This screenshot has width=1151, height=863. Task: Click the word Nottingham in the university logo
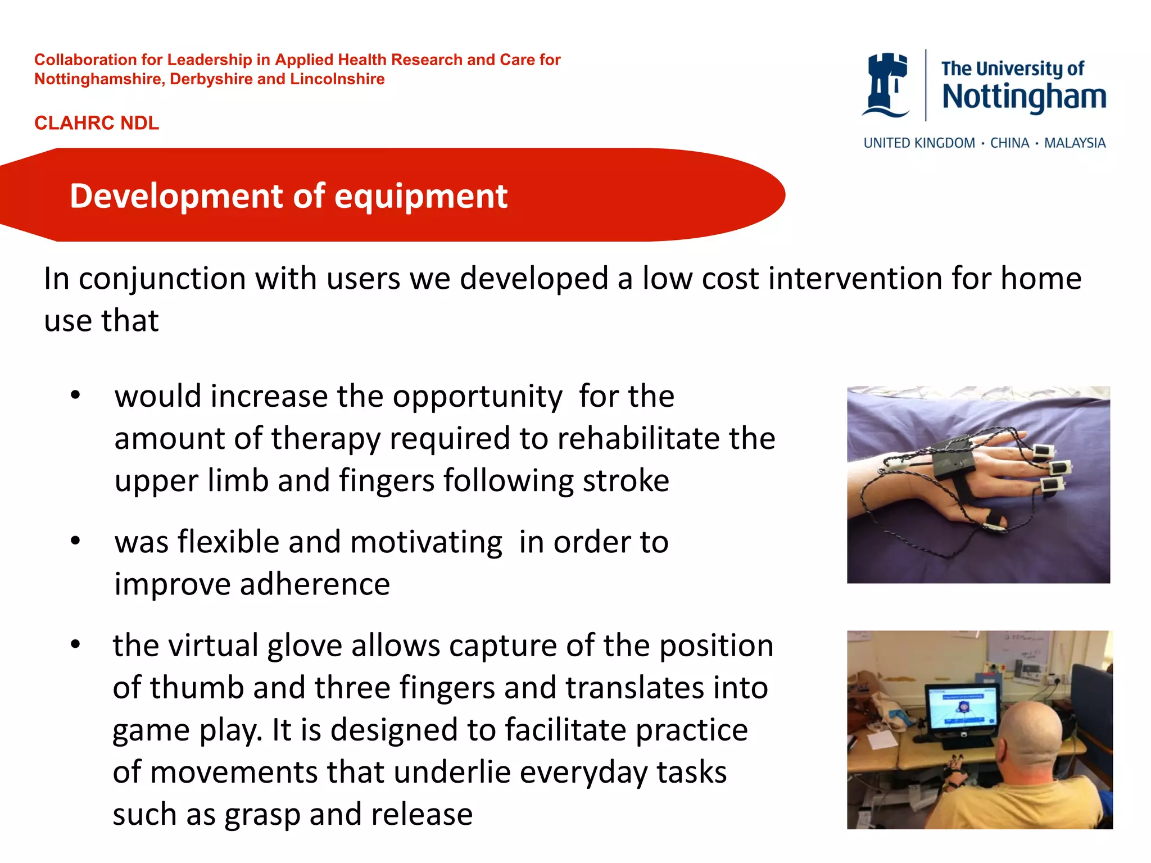[x=1023, y=97]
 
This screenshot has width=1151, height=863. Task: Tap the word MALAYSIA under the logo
[x=1074, y=143]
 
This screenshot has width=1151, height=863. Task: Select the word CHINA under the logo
[x=1009, y=143]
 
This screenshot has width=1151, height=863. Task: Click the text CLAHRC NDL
[x=97, y=123]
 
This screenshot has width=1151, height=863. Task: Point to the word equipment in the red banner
[x=421, y=196]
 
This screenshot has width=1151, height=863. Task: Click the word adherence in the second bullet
[x=315, y=584]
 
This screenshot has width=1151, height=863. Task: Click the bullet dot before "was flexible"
[x=76, y=541]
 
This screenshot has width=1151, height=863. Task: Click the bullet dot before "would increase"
[x=76, y=396]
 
